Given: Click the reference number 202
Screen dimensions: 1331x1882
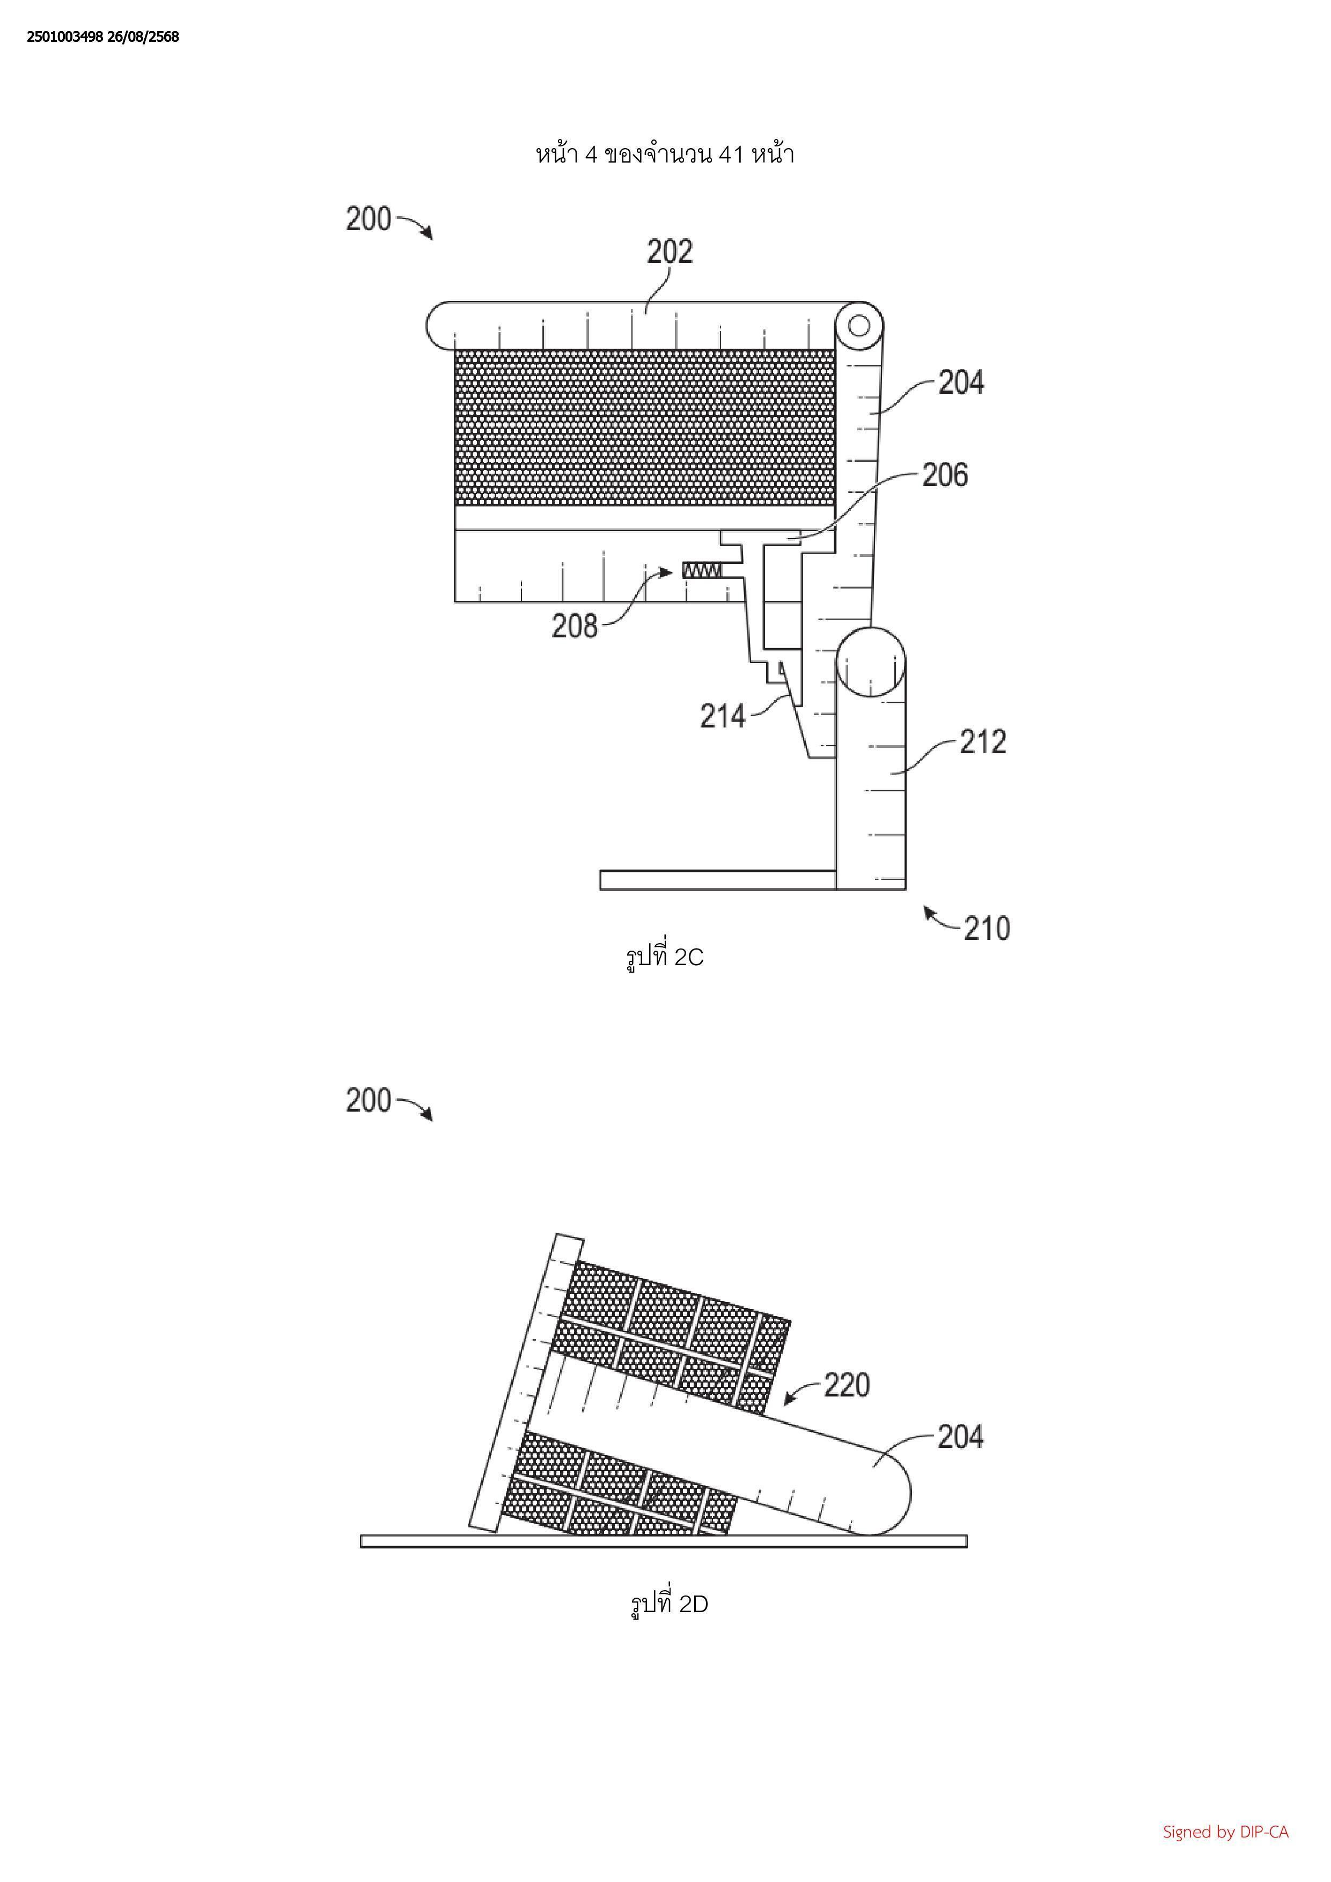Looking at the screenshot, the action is (x=670, y=252).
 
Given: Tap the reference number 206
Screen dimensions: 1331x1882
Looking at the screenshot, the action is (x=945, y=475).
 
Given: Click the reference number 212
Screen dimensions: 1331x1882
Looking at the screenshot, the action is (x=983, y=742).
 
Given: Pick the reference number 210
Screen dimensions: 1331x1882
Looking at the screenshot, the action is (x=987, y=929).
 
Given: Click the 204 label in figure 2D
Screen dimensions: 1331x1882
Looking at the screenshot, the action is (x=960, y=1437).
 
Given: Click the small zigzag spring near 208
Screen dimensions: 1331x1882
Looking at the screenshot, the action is (x=702, y=570).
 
